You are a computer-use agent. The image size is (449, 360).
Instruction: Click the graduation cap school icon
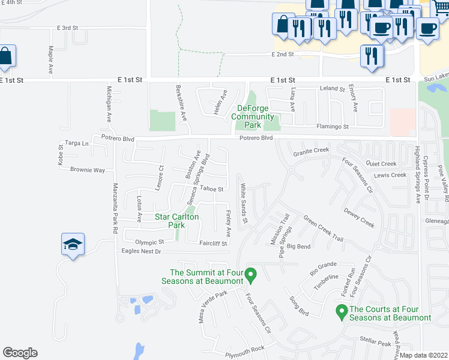[x=73, y=245]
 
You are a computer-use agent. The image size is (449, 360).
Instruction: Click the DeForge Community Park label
[x=254, y=116]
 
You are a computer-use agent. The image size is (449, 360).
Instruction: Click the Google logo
[x=20, y=353]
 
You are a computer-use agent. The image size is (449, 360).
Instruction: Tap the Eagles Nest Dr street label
[x=142, y=251]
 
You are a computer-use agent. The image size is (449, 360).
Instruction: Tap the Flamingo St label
[x=333, y=127]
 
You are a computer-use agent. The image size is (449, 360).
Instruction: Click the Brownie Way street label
[x=88, y=170]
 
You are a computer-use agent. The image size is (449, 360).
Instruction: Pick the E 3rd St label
[x=68, y=28]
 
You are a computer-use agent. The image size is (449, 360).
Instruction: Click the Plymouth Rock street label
[x=245, y=349]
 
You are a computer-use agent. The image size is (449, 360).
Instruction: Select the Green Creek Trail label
[x=323, y=229]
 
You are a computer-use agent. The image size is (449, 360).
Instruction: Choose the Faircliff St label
[x=214, y=244]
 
